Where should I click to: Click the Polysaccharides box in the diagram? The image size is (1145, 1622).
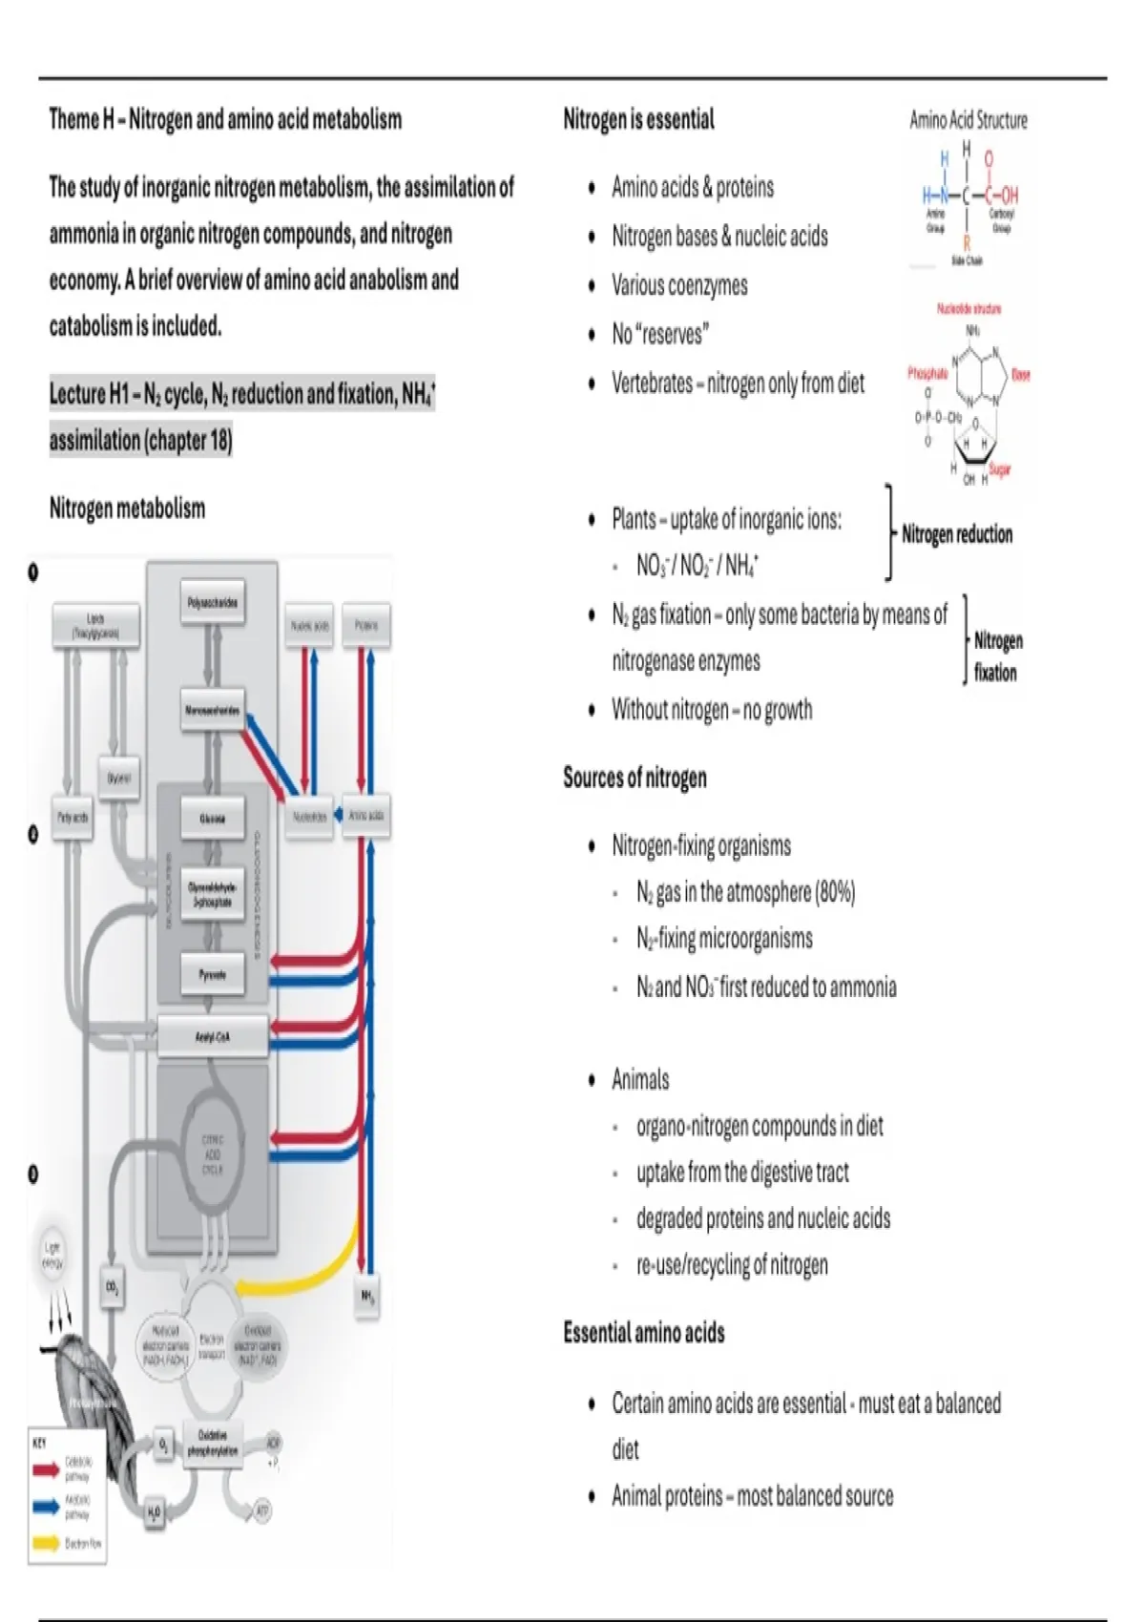(213, 603)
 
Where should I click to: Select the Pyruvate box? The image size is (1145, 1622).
(212, 974)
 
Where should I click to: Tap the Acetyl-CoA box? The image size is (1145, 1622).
(212, 1036)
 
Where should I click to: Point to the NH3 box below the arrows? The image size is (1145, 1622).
(367, 1297)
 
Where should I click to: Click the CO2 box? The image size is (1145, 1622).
(112, 1288)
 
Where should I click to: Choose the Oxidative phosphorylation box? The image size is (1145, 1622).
(212, 1443)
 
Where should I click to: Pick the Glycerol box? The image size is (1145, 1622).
(119, 779)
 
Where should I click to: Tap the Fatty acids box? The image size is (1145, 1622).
(73, 818)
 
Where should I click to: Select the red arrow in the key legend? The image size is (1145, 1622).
(46, 1469)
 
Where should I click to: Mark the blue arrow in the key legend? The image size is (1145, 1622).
(46, 1507)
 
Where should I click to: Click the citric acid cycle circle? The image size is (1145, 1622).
(212, 1154)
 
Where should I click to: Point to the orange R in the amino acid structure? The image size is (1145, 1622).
(967, 244)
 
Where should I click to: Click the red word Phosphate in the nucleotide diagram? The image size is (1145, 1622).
(927, 373)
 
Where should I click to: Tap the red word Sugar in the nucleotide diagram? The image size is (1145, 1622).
(999, 469)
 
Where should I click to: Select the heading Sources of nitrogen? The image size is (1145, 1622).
(635, 778)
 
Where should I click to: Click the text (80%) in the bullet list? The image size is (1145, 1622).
(835, 892)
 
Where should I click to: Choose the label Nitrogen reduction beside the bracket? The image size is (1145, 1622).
(957, 534)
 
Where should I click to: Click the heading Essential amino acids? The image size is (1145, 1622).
(643, 1332)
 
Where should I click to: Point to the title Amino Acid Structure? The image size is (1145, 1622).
(968, 120)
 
